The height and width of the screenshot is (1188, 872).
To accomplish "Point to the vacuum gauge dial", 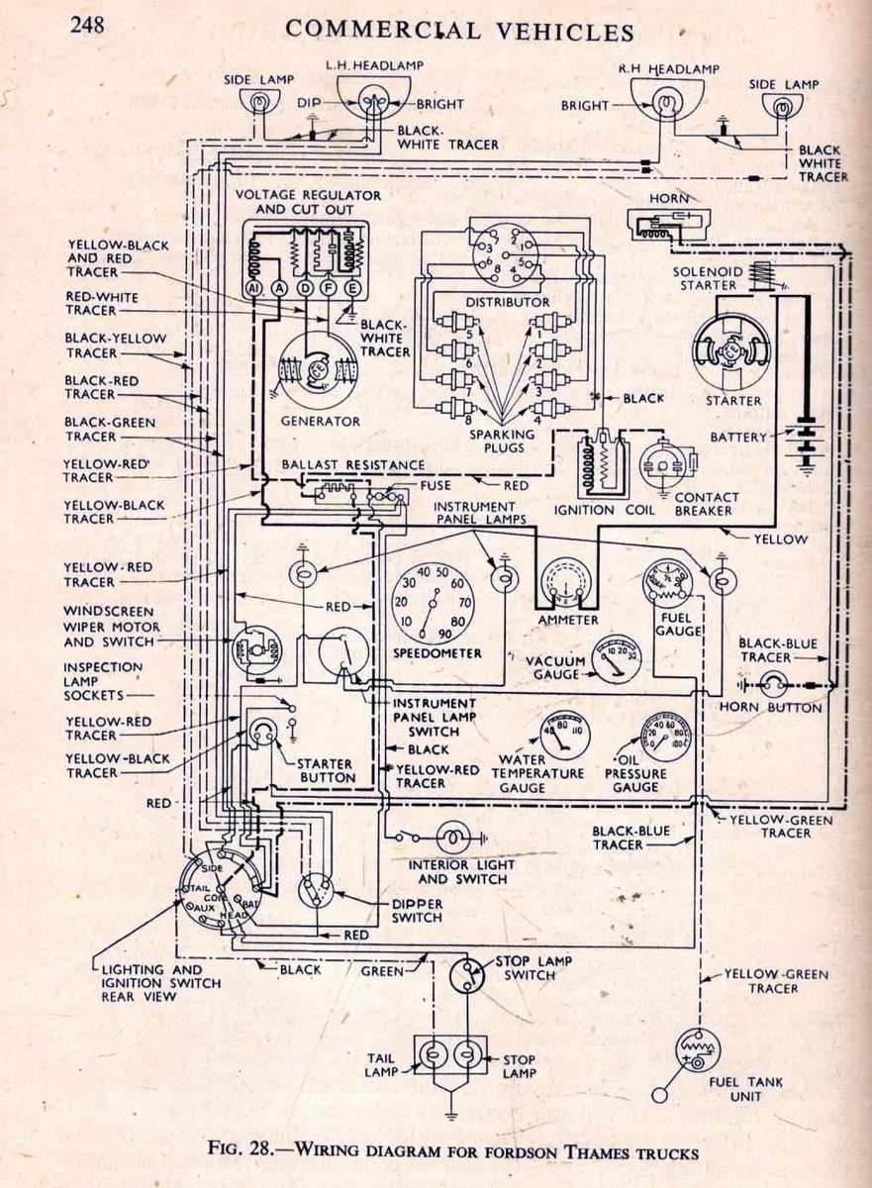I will [615, 657].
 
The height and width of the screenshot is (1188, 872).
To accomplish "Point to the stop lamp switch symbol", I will [467, 975].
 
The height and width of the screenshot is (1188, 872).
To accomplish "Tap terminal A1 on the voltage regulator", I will [253, 288].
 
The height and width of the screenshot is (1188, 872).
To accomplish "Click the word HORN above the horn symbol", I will [669, 199].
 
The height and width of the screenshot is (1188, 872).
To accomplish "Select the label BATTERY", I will [739, 437].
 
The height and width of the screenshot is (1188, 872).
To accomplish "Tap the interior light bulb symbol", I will [451, 838].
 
